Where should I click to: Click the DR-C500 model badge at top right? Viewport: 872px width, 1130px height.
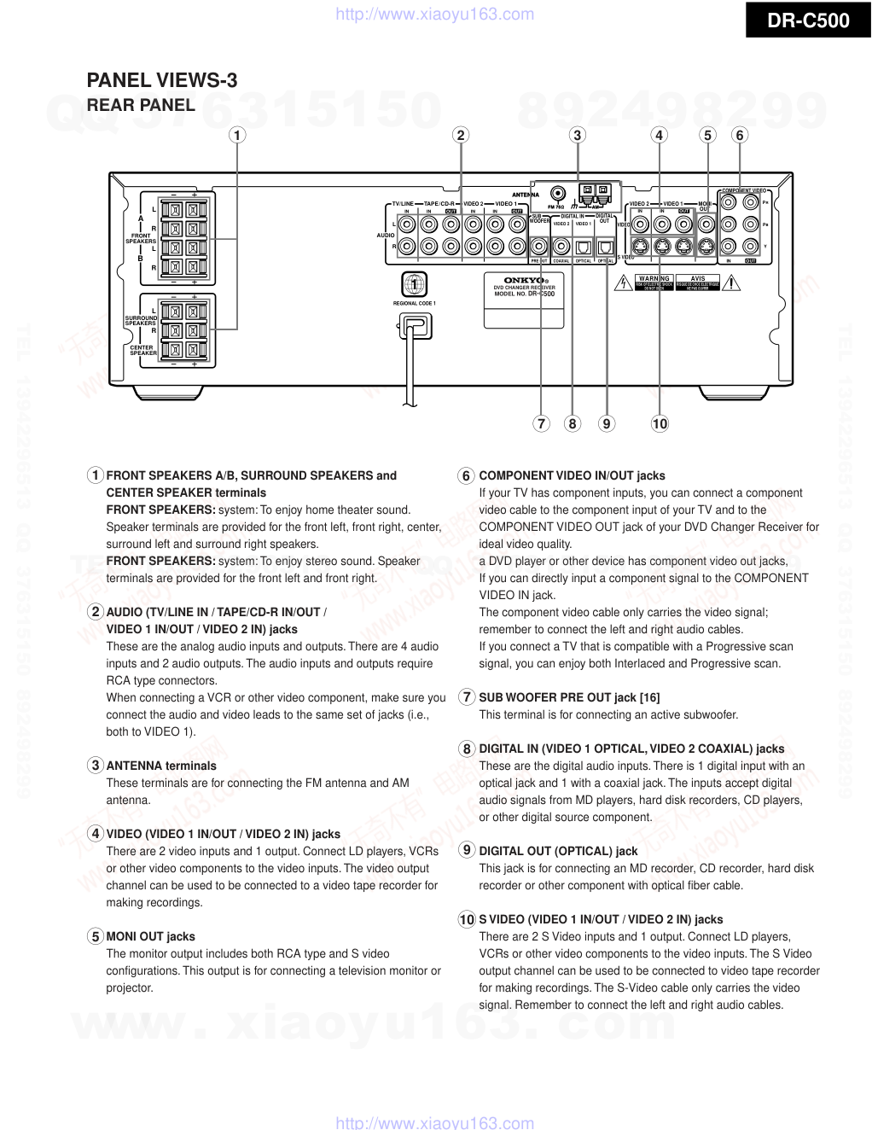(807, 20)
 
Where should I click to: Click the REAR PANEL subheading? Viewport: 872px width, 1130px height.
(141, 105)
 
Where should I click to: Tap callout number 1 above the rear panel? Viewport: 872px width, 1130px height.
(237, 135)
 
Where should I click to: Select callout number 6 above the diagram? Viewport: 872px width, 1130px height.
(740, 135)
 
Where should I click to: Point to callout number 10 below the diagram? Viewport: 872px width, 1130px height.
(660, 423)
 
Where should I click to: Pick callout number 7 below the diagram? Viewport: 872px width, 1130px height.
(541, 423)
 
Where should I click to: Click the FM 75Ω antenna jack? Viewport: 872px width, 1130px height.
(557, 195)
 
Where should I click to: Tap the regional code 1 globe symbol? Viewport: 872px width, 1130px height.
(414, 284)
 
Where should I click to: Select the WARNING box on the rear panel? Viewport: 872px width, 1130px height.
(654, 282)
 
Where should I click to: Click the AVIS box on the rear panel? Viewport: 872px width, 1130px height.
(698, 282)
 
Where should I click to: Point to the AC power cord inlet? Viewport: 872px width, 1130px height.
(416, 326)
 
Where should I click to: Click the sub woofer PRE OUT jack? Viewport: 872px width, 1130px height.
(539, 248)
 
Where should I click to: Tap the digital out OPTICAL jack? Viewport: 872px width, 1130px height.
(605, 248)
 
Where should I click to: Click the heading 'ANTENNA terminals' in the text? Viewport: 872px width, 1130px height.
(161, 766)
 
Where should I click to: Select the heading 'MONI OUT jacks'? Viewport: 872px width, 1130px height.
(150, 936)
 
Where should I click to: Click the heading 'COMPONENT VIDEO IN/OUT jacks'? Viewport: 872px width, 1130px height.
(572, 475)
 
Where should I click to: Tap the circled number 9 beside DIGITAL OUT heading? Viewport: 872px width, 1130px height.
(467, 850)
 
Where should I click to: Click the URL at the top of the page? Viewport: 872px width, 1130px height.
(435, 14)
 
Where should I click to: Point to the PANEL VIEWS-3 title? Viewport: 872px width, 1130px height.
(162, 80)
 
